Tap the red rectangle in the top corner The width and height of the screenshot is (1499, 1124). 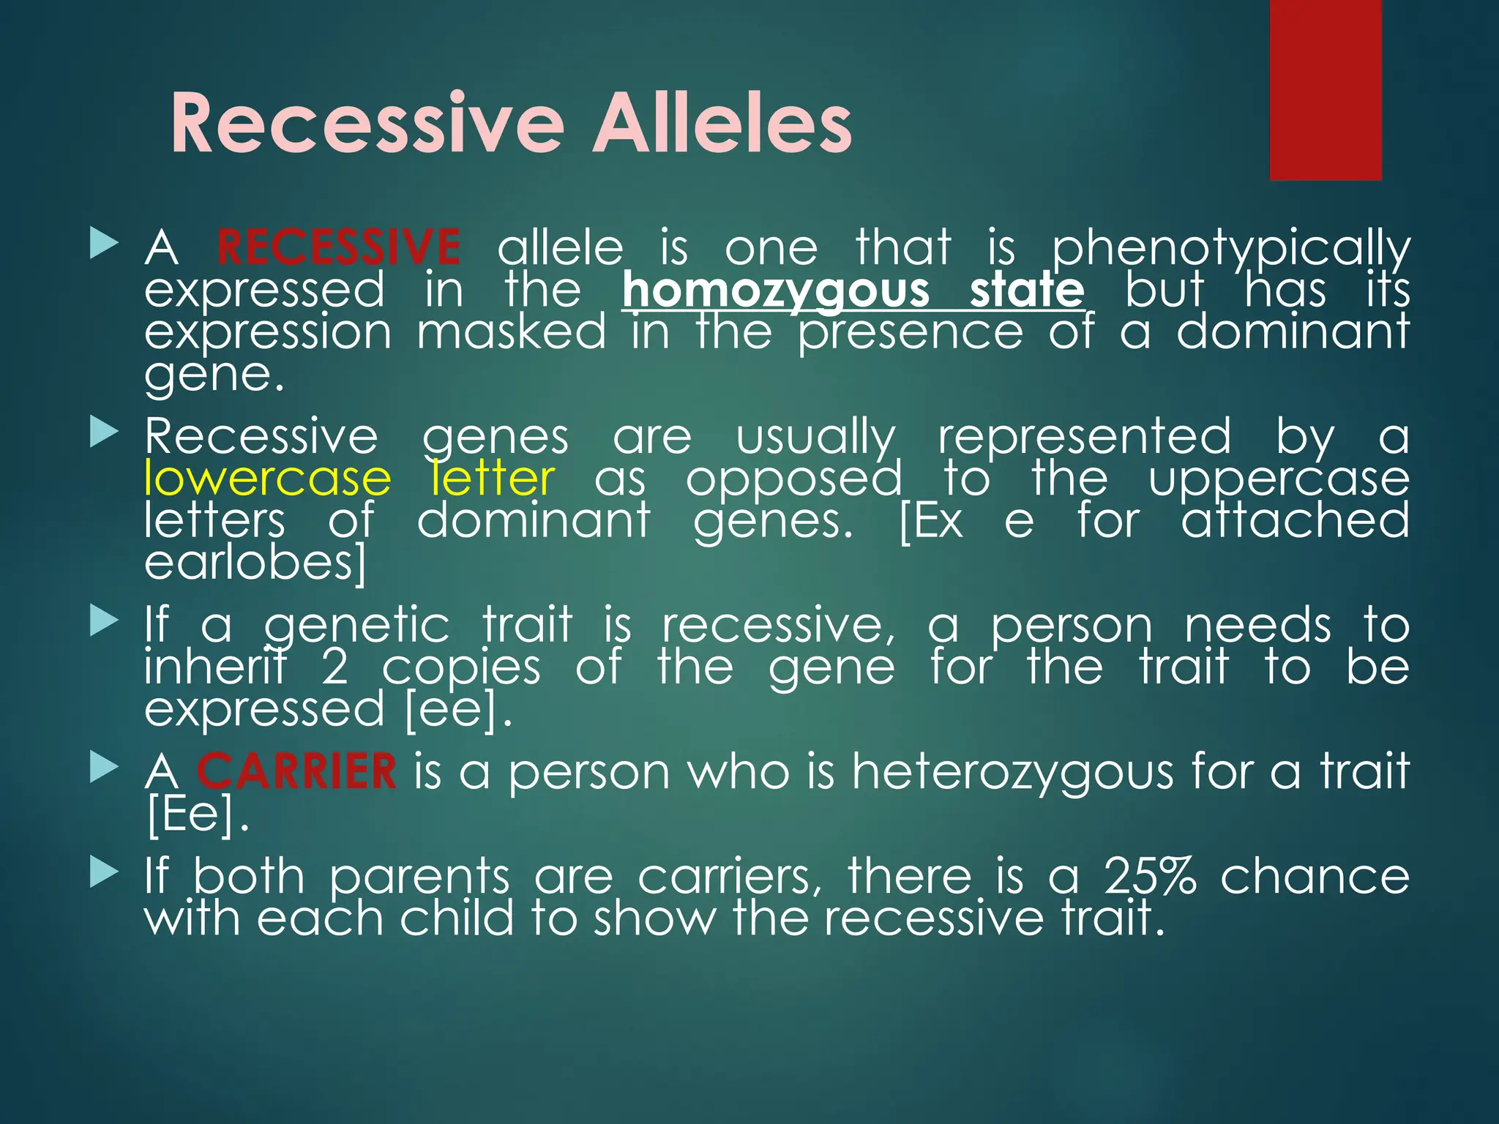[x=1325, y=89]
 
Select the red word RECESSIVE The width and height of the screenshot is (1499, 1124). [x=338, y=247]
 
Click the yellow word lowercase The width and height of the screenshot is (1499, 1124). [x=268, y=479]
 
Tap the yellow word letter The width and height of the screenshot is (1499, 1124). [x=493, y=479]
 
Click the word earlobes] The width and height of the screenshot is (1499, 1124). [x=255, y=563]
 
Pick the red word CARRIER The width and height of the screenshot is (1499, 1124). [x=296, y=771]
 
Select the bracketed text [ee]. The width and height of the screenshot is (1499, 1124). [x=457, y=710]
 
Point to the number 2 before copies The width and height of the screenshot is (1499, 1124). [x=334, y=667]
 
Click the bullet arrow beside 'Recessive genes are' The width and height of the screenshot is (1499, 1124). [x=104, y=433]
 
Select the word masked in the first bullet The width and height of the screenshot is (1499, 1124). [x=511, y=332]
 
